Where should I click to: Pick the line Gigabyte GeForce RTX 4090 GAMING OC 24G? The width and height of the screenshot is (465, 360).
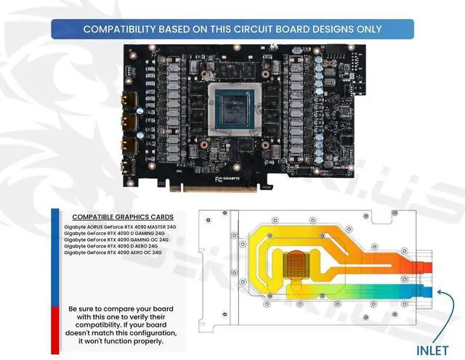click(116, 240)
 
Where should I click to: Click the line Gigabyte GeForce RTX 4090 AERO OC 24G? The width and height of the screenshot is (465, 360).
click(113, 253)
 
